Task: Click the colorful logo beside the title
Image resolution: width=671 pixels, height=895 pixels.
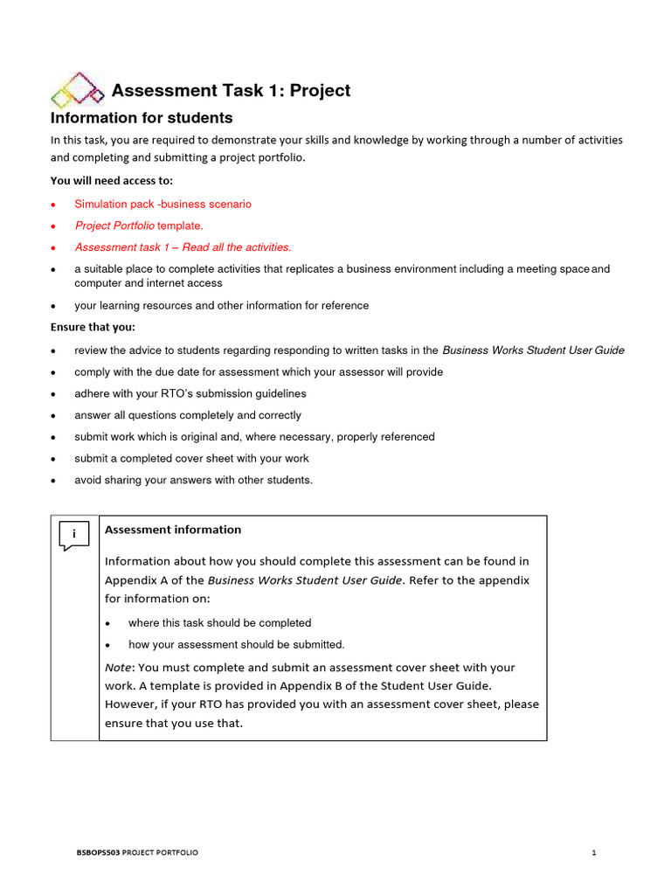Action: [78, 90]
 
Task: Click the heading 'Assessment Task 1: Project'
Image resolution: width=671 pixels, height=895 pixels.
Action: [231, 91]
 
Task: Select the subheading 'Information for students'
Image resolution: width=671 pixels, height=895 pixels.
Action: [142, 118]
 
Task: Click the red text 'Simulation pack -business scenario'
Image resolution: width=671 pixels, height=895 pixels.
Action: [163, 204]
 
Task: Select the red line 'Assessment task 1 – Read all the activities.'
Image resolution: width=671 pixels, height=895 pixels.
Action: [183, 247]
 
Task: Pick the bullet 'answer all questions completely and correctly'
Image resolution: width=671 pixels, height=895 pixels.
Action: [188, 415]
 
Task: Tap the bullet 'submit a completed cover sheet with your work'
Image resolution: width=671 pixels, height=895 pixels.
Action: [191, 458]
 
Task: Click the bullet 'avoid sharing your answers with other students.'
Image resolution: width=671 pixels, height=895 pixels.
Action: [193, 480]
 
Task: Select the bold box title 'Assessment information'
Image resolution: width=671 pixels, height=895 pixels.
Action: [173, 530]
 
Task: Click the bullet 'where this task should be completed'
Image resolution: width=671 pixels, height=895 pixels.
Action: [219, 623]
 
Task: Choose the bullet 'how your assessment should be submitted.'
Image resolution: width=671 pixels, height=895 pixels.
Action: [236, 645]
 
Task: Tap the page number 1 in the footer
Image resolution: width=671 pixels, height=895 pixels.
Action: [593, 853]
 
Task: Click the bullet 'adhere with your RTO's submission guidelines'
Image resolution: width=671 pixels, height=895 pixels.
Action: [190, 393]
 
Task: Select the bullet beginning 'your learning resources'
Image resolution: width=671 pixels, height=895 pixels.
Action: [221, 306]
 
